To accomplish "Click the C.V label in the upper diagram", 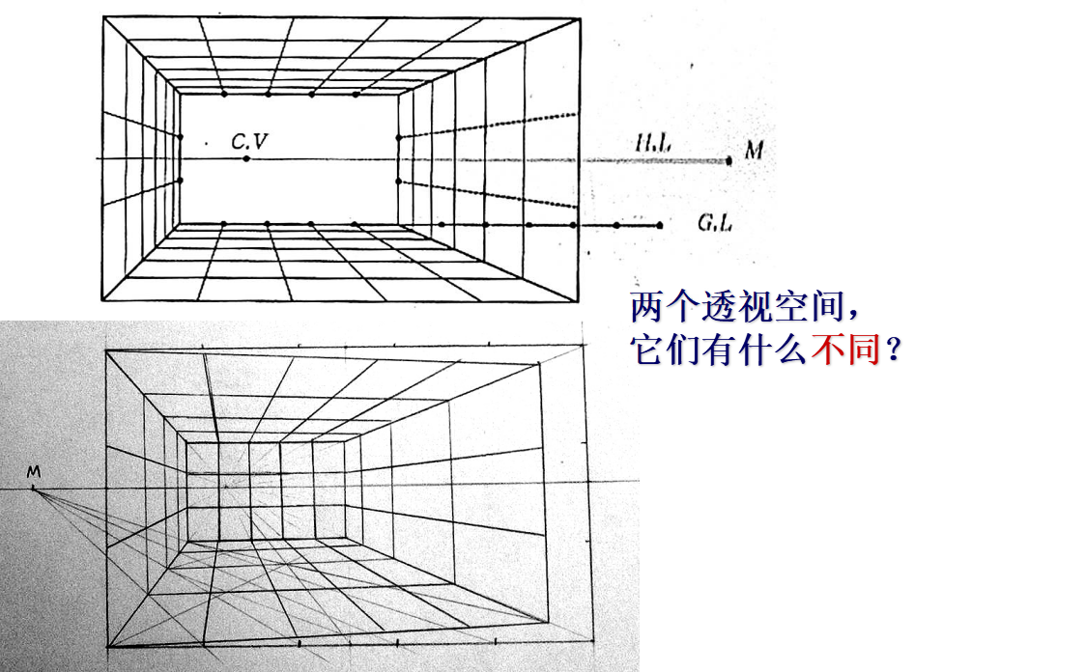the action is tap(249, 142).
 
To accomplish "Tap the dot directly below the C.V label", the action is tap(247, 158).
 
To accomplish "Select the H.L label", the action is tap(653, 145).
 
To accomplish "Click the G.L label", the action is tap(715, 223).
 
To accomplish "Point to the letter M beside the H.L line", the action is tap(755, 150).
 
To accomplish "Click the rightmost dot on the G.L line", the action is tap(660, 226).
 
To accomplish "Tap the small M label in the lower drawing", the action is tap(33, 471).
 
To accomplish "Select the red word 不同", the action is tap(844, 350).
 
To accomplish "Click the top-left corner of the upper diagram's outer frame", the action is tap(102, 17).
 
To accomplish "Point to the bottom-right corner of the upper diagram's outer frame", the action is tap(579, 300).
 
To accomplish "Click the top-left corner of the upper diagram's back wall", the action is tap(181, 94).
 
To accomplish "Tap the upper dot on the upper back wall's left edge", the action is tap(181, 136).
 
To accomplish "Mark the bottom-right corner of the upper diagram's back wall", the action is tap(398, 225).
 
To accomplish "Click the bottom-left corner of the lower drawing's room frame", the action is tap(107, 646).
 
